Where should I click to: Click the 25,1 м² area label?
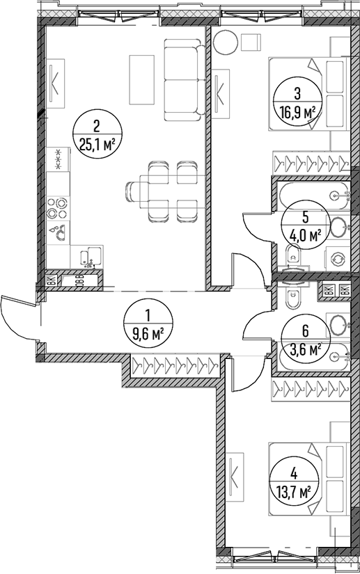coord(97,145)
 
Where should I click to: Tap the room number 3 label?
coord(297,93)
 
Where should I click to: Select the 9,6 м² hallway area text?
coord(148,334)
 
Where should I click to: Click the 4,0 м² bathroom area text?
coord(305,234)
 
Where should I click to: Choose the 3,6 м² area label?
coord(305,350)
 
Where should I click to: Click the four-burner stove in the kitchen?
coord(58,207)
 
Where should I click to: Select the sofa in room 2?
coord(184,80)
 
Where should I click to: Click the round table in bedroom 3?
coord(226,42)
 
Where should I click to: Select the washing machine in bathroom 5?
coord(337,258)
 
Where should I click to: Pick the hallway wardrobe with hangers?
coord(175,365)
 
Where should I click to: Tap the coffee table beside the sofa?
coord(141,79)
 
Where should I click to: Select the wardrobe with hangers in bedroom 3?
coord(311,161)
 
